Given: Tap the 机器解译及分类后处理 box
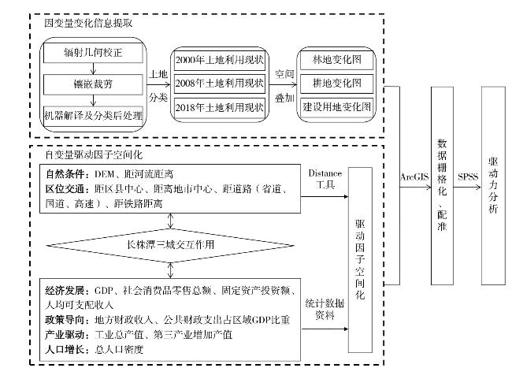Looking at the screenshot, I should point(93,116).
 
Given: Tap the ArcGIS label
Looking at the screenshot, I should point(415,177).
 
